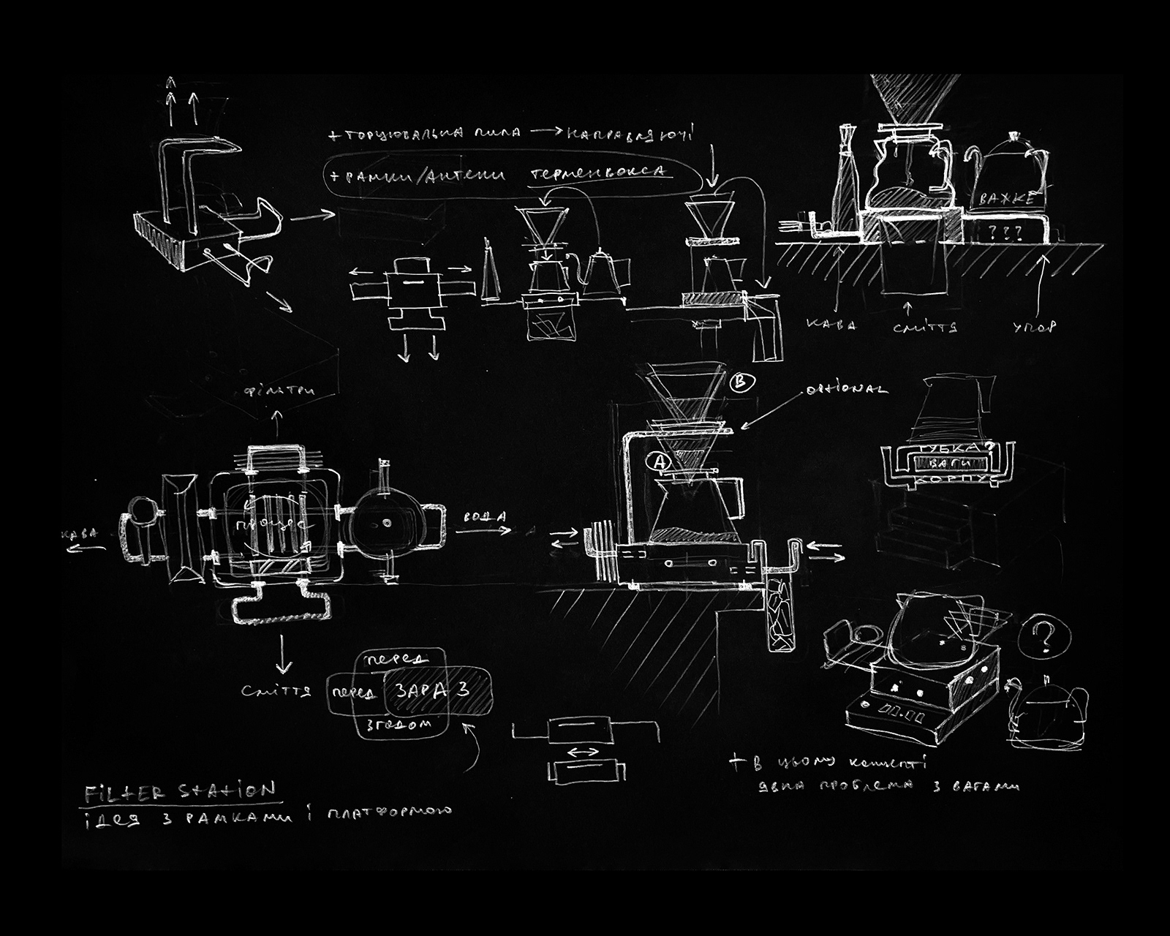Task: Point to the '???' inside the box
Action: pos(1002,233)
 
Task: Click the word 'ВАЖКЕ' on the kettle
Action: pos(1003,198)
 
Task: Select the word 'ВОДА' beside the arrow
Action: pos(484,517)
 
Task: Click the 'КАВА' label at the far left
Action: pos(80,535)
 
